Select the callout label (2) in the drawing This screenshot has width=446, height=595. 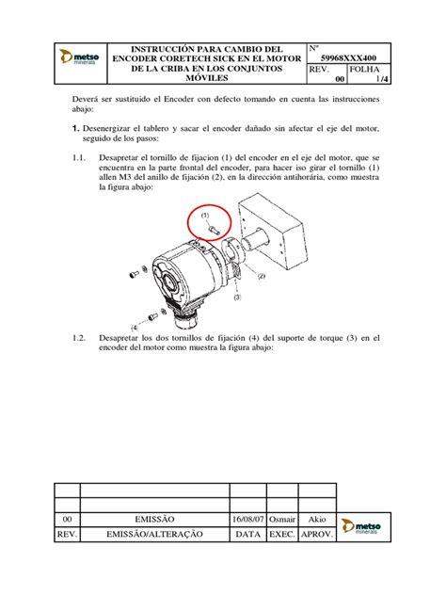(x=261, y=276)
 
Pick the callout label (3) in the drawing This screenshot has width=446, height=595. (x=237, y=297)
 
